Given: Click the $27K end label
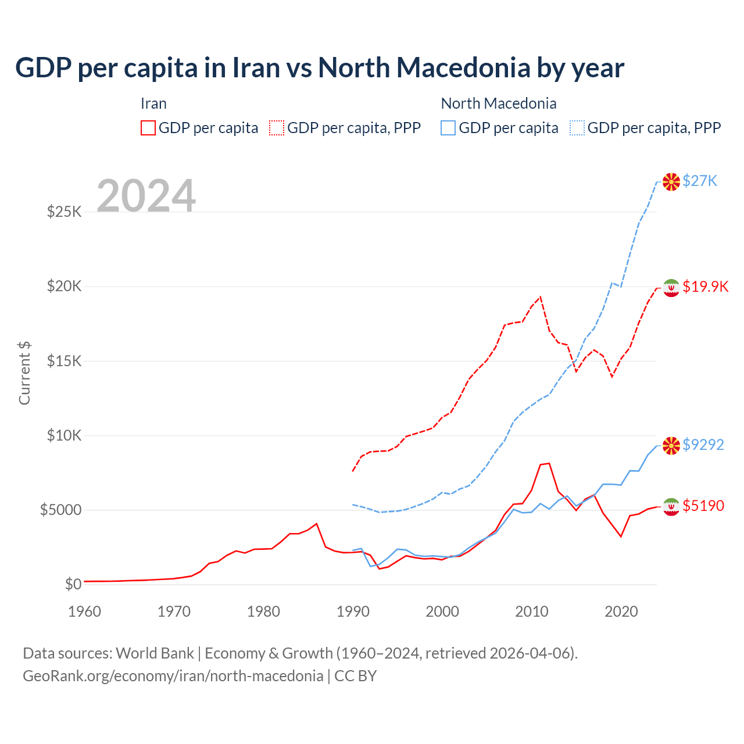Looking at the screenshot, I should (x=700, y=181).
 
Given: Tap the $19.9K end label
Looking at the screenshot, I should (x=705, y=287).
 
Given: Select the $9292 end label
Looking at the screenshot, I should (x=703, y=445).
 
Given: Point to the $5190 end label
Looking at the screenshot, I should (x=703, y=506).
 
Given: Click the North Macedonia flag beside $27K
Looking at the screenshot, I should (x=671, y=182).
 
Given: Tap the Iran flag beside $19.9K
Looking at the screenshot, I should (x=671, y=288).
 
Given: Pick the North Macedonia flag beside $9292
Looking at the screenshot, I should (x=671, y=446).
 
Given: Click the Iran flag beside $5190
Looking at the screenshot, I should (x=671, y=507).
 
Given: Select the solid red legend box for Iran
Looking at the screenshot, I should (x=148, y=128).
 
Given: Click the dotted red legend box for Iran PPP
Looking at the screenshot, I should (x=277, y=128).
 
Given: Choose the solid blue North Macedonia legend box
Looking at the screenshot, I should (x=448, y=128).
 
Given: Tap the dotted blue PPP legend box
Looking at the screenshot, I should (x=577, y=128).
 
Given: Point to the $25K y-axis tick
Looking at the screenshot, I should (x=65, y=212).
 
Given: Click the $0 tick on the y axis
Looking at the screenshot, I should (x=73, y=584).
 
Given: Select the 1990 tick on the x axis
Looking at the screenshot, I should (x=353, y=611).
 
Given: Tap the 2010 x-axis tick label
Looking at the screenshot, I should (x=532, y=611).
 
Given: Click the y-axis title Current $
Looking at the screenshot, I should (x=24, y=373).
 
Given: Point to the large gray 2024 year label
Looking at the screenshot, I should (x=146, y=196).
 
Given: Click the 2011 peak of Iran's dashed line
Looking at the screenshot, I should (x=541, y=297).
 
